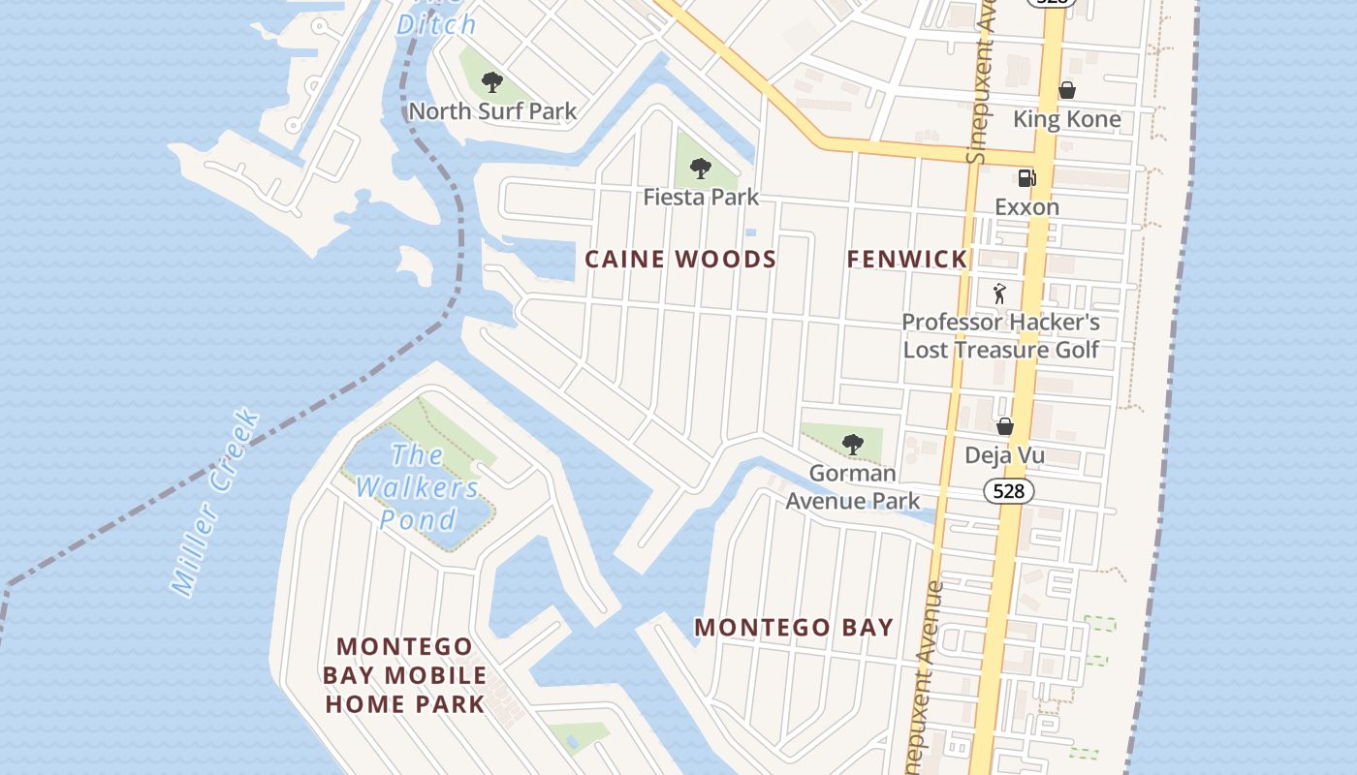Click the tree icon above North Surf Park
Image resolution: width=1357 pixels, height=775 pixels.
tap(492, 82)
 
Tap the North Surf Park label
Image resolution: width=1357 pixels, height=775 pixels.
tap(492, 111)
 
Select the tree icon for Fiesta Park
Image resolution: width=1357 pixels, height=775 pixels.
tap(700, 170)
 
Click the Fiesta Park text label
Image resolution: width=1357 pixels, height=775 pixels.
tap(701, 198)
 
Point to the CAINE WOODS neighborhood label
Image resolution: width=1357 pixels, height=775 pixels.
tap(680, 260)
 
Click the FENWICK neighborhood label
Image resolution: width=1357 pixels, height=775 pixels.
tap(906, 260)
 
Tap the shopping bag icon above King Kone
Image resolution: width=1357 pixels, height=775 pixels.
tap(1066, 90)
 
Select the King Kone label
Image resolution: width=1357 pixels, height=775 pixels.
tap(1066, 119)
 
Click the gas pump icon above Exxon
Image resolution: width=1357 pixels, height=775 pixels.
tap(1026, 177)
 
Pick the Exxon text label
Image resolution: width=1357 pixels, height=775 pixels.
tap(1026, 207)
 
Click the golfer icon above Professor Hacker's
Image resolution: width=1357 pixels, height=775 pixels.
tap(999, 293)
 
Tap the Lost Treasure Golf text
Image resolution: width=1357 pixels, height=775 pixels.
tap(1000, 350)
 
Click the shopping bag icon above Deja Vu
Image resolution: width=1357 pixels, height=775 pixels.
tap(1005, 426)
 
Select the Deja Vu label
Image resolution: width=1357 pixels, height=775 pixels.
tap(1003, 455)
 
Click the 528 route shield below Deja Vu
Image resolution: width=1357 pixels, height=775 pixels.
tap(1008, 491)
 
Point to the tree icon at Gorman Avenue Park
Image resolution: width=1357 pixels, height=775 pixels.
tap(852, 445)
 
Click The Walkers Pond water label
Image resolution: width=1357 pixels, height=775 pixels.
tap(418, 487)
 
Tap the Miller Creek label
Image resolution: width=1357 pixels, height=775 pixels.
tap(215, 502)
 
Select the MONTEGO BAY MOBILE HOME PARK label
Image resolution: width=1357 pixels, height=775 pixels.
tap(404, 675)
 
